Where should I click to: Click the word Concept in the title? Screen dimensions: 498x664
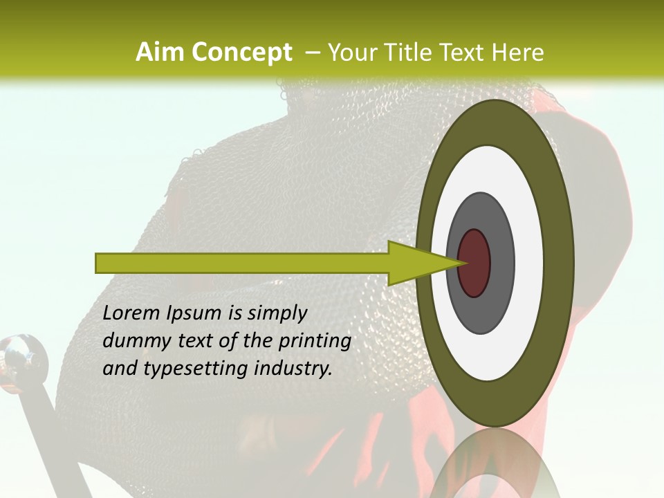[241, 53]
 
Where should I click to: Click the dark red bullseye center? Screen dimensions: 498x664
[474, 263]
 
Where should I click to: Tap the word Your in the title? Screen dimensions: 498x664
[351, 53]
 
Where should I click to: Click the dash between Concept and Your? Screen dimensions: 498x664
[312, 53]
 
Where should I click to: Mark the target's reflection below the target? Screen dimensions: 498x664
[494, 467]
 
